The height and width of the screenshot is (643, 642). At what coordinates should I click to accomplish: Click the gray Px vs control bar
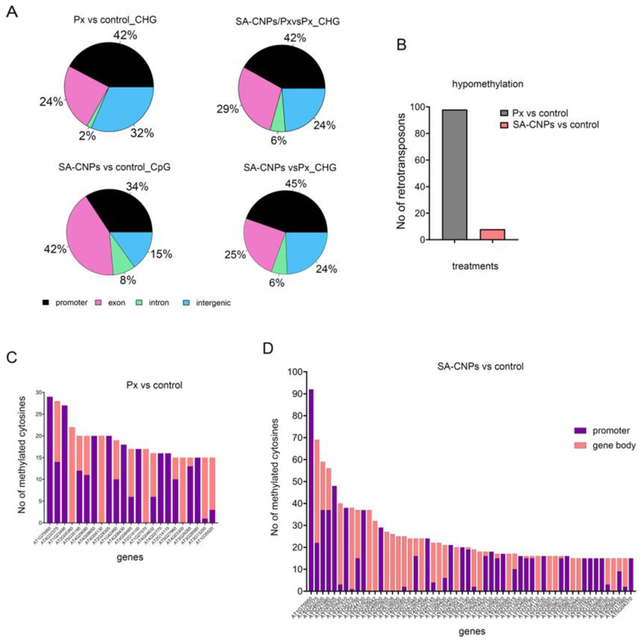pos(454,174)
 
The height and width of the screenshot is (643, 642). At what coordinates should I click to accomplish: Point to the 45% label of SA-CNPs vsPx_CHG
pos(296,183)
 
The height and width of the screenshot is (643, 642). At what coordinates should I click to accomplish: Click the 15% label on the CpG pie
pos(161,254)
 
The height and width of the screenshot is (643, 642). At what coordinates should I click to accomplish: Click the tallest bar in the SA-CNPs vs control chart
pos(311,489)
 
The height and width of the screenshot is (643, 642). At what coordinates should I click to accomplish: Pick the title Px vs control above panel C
pos(154,385)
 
